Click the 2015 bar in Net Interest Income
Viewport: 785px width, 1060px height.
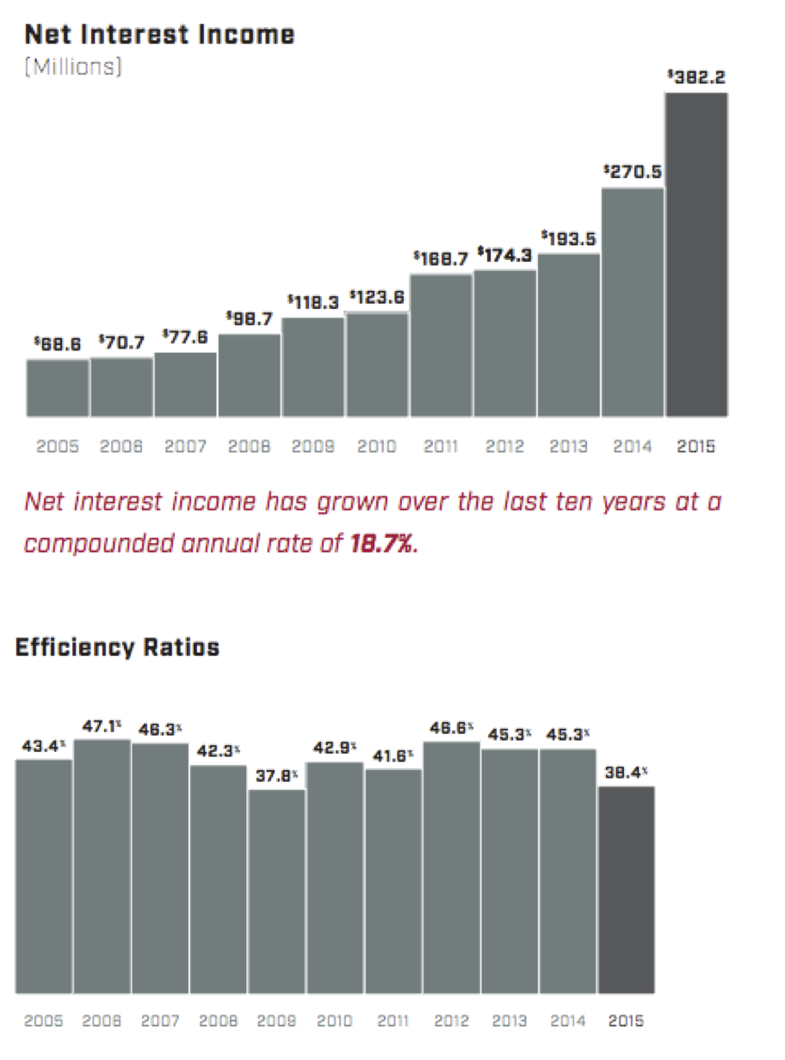pyautogui.click(x=696, y=255)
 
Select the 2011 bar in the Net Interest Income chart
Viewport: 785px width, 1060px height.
pyautogui.click(x=441, y=346)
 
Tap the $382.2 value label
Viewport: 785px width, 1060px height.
pyautogui.click(x=696, y=77)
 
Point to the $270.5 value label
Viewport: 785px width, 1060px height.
pyautogui.click(x=633, y=171)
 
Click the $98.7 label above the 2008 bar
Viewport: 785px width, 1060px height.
pyautogui.click(x=249, y=317)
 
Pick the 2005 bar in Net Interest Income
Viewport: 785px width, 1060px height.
pyautogui.click(x=58, y=388)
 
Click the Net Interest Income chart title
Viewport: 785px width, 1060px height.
pyautogui.click(x=160, y=34)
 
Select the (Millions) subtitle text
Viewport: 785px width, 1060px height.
pyautogui.click(x=73, y=66)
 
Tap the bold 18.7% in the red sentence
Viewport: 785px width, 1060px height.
pyautogui.click(x=381, y=544)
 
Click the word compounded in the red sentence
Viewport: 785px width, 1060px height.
pyautogui.click(x=98, y=545)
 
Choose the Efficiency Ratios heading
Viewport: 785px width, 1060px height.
pyautogui.click(x=117, y=648)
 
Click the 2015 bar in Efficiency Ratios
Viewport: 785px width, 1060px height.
pyautogui.click(x=627, y=891)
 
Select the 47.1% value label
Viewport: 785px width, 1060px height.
pyautogui.click(x=102, y=726)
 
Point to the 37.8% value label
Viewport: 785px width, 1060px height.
pyautogui.click(x=277, y=776)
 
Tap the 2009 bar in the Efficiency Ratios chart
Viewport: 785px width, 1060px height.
pyautogui.click(x=277, y=891)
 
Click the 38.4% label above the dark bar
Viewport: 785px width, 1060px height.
pyautogui.click(x=627, y=773)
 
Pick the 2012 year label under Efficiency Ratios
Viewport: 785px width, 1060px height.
pyautogui.click(x=451, y=1020)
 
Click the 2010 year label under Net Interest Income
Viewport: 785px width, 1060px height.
pyautogui.click(x=377, y=447)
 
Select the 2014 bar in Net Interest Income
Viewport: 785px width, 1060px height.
pyautogui.click(x=633, y=303)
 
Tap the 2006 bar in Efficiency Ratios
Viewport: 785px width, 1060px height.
pyautogui.click(x=102, y=866)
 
